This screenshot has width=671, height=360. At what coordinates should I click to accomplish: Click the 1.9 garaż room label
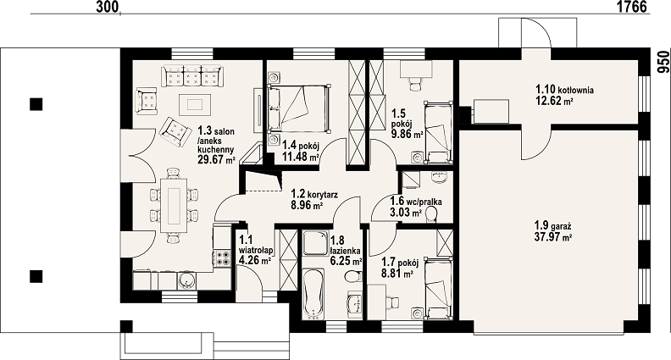[553, 225]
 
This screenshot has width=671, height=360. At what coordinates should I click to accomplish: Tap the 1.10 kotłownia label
[564, 90]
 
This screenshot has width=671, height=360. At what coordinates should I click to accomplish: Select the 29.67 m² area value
[217, 160]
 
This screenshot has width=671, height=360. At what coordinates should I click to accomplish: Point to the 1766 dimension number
[631, 7]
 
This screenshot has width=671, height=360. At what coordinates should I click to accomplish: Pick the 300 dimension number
[106, 7]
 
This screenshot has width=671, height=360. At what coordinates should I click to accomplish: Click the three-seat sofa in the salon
[191, 75]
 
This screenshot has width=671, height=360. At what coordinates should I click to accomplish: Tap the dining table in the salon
[174, 206]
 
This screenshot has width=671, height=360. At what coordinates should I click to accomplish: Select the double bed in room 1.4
[299, 108]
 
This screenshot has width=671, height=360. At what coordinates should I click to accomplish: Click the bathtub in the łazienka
[312, 294]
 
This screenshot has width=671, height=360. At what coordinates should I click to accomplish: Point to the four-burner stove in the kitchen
[222, 258]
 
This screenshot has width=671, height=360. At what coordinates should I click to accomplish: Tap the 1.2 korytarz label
[314, 195]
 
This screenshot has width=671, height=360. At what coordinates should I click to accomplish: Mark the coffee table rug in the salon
[195, 104]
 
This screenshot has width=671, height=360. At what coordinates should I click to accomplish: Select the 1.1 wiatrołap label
[256, 245]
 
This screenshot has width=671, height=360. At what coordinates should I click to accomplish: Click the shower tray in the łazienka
[315, 244]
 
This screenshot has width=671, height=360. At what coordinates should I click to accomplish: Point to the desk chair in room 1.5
[415, 84]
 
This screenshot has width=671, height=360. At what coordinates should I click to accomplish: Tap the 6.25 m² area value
[347, 261]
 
